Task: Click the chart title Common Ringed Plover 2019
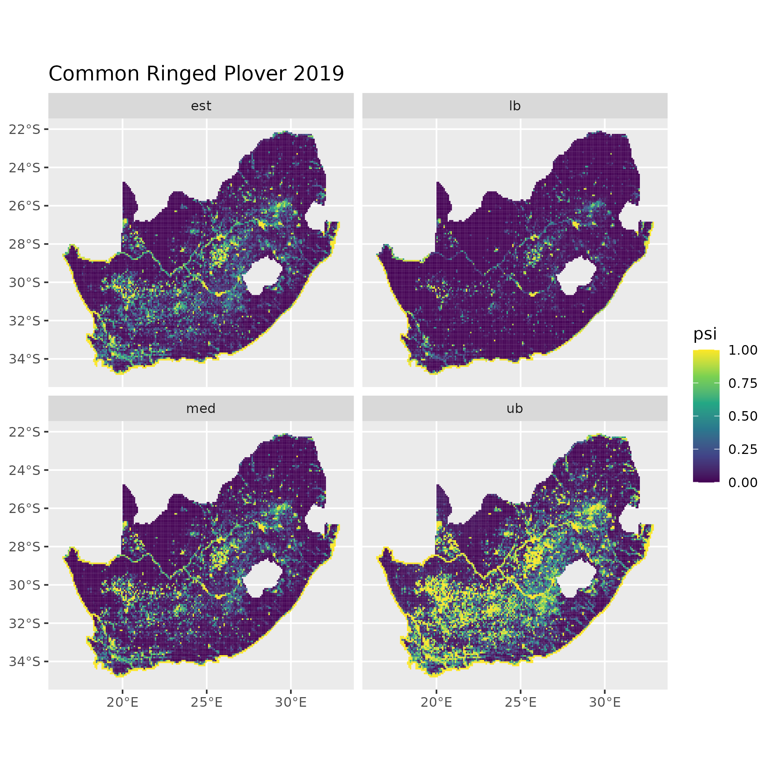coord(196,74)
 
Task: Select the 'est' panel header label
coord(201,106)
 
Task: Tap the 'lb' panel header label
coord(515,106)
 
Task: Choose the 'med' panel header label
coord(201,409)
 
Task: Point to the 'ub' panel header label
coord(515,409)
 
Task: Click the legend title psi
coord(705,334)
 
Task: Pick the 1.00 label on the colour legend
coord(743,350)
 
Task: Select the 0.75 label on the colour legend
coord(743,383)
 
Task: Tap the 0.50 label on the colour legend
coord(743,416)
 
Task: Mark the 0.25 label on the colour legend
coord(743,449)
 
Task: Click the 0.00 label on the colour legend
coord(743,482)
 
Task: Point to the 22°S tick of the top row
coord(25,129)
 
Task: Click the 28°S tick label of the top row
coord(25,244)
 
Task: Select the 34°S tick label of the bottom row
coord(25,661)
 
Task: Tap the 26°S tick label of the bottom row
coord(25,508)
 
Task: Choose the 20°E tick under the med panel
coord(123,702)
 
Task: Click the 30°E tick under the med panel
coord(291,702)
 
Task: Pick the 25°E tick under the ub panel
coord(521,702)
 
